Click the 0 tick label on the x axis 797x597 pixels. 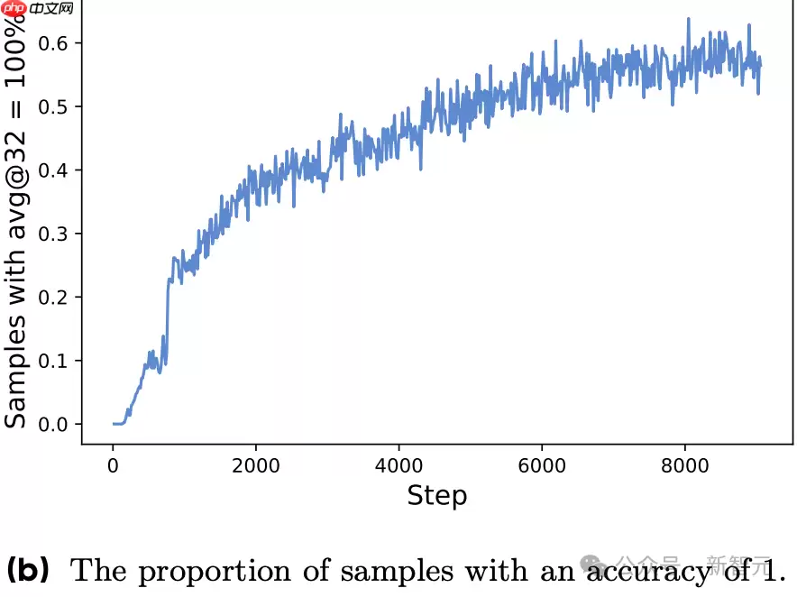[x=113, y=466]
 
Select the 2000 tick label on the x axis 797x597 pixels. [x=256, y=466]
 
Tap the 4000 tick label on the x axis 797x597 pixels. [x=399, y=466]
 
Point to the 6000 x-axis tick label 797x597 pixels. [x=542, y=466]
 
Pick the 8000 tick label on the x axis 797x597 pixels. [x=685, y=466]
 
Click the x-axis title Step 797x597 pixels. [x=437, y=495]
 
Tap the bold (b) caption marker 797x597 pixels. [x=28, y=570]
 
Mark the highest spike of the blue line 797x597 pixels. [x=688, y=18]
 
